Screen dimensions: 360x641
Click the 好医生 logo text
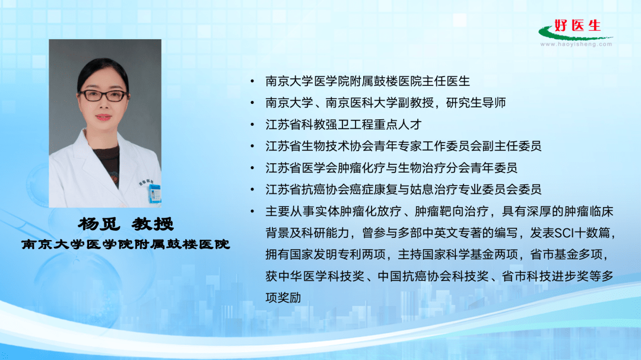[x=577, y=26]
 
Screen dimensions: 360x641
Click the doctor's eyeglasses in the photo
[x=104, y=95]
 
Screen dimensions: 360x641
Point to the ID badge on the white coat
[x=154, y=192]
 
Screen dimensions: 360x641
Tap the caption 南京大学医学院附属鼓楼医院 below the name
[x=125, y=244]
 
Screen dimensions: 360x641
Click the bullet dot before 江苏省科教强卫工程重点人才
[x=253, y=125]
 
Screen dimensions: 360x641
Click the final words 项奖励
[x=283, y=298]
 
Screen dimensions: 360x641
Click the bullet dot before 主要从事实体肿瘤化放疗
[x=253, y=211]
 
